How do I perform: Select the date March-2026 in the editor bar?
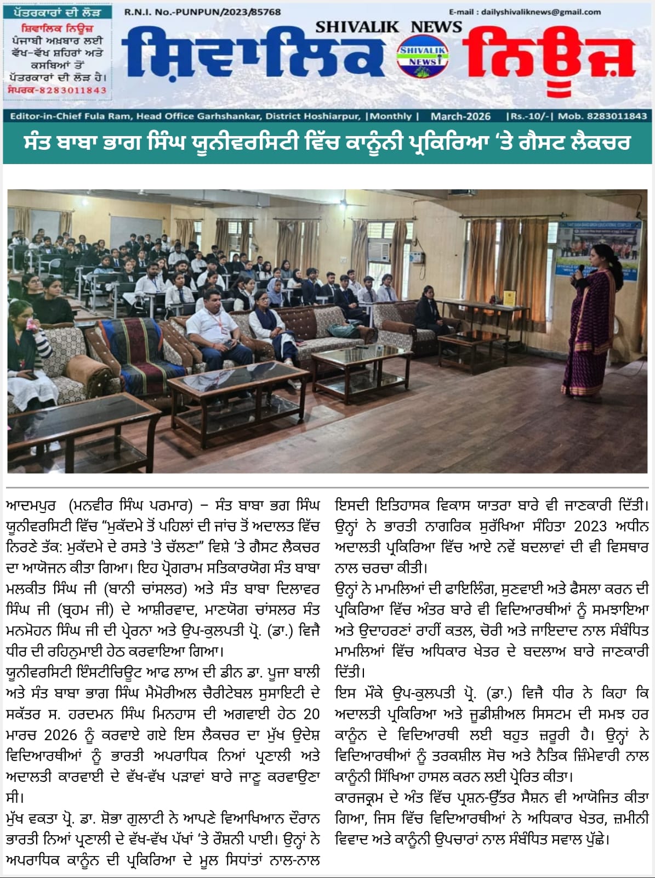(x=460, y=116)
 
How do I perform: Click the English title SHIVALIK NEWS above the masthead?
(x=389, y=26)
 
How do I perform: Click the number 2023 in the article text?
(x=590, y=526)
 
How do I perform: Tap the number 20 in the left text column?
(x=311, y=714)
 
